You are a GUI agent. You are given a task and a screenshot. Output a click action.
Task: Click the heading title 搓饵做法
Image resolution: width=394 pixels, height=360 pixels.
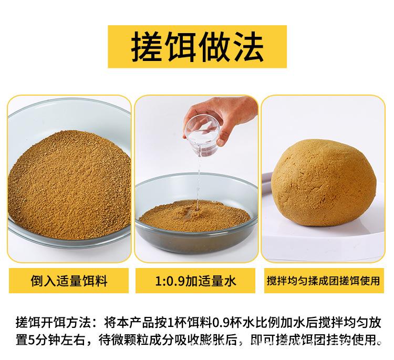pos(197,46)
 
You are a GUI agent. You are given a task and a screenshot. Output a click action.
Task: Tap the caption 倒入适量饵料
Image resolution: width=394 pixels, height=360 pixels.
pos(69,282)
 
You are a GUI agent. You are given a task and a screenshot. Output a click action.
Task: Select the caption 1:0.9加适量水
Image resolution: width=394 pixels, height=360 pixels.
pos(196,282)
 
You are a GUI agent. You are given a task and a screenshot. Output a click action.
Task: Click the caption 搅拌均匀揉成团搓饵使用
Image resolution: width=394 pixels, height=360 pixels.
pos(323,282)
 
